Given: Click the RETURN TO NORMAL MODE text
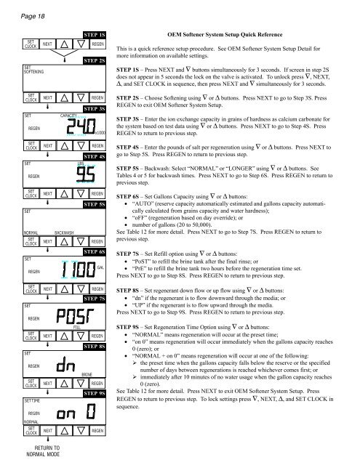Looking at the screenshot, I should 42,450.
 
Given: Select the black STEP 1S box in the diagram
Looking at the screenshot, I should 96,34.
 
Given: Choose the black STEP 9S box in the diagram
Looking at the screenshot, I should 96,392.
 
